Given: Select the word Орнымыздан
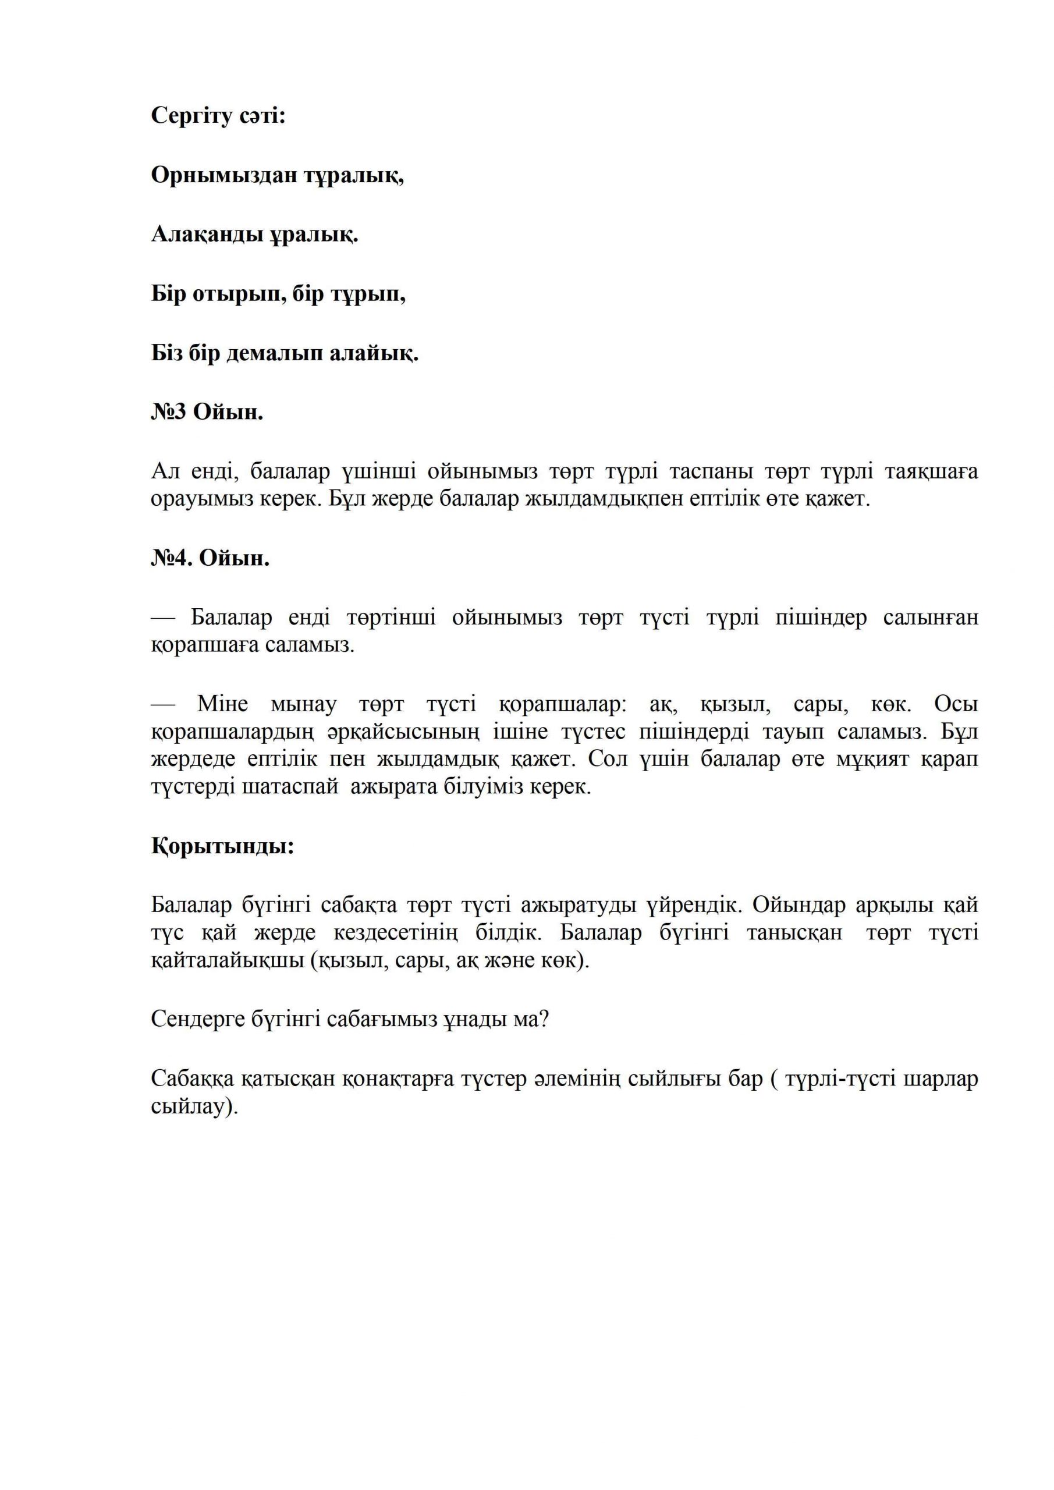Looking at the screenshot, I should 225,175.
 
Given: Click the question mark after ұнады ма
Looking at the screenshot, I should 543,1020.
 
